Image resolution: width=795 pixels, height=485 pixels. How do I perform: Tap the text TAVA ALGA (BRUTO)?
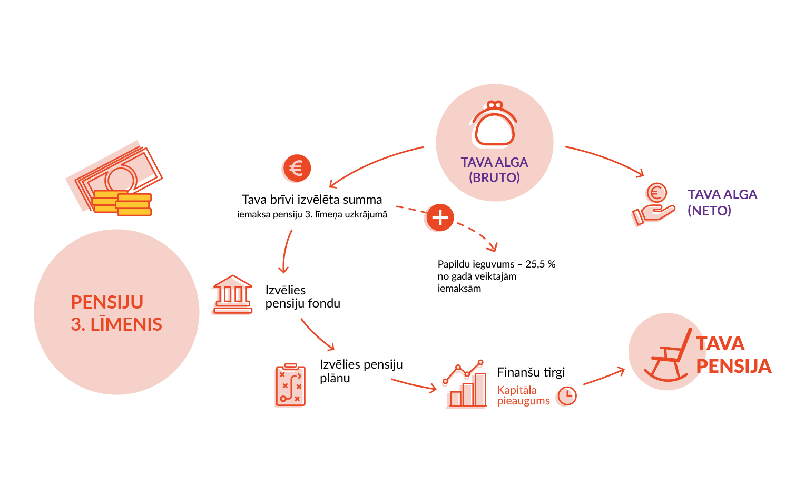[x=494, y=170]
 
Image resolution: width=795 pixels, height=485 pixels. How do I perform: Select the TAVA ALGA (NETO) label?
[x=722, y=202]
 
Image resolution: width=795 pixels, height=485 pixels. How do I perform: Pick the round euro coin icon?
[x=297, y=169]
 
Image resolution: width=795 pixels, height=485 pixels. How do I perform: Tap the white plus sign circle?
[x=439, y=217]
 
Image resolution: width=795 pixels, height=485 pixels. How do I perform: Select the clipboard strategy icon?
[x=290, y=385]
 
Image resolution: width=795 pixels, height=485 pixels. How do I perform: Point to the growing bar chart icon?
[x=465, y=385]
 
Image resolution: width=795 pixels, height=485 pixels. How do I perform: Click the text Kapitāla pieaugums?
[x=523, y=395]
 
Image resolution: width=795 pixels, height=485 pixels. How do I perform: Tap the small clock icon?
[x=566, y=396]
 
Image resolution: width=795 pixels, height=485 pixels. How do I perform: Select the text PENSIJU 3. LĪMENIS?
[x=116, y=313]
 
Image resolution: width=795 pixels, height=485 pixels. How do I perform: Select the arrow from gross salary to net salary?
[x=606, y=158]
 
